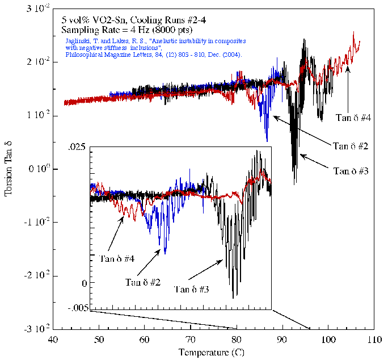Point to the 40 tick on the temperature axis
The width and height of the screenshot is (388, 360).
pyautogui.click(x=52, y=339)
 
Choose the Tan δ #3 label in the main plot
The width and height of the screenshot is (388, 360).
pyautogui.click(x=352, y=170)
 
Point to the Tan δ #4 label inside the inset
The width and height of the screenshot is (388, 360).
pyautogui.click(x=117, y=259)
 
